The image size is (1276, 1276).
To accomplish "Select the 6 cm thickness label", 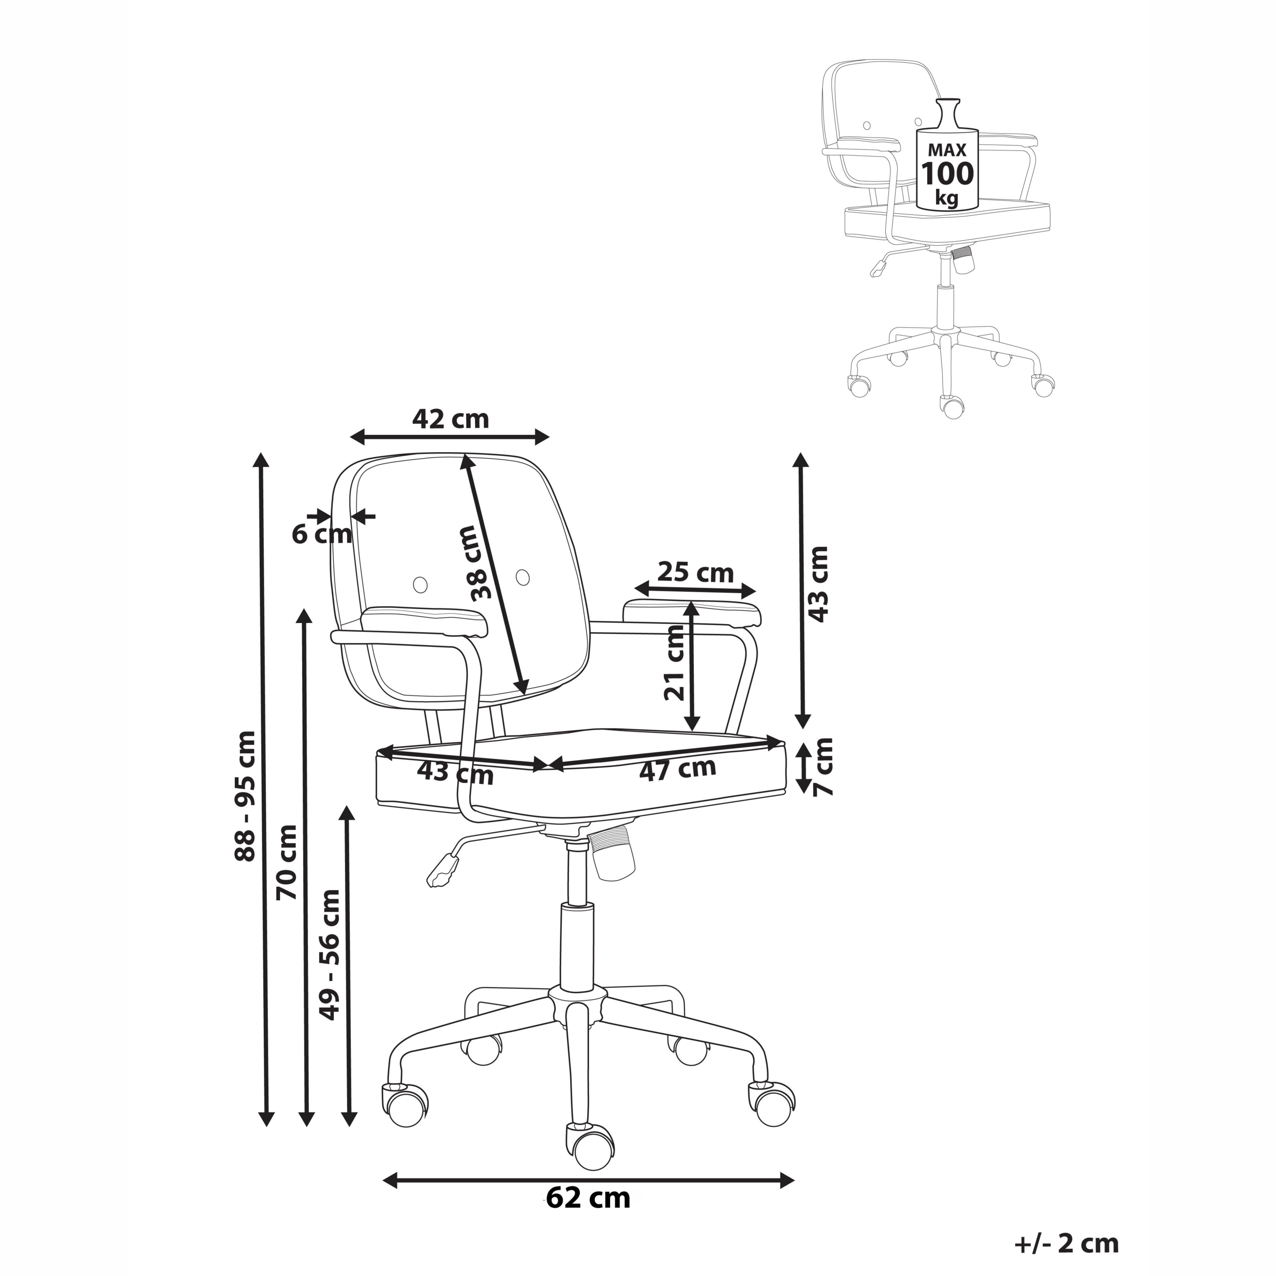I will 321,534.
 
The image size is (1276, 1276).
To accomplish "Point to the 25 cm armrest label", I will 695,572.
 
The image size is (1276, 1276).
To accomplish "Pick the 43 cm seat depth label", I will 455,773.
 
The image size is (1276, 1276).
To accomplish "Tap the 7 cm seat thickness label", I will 823,767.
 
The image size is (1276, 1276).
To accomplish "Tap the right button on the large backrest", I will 522,577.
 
